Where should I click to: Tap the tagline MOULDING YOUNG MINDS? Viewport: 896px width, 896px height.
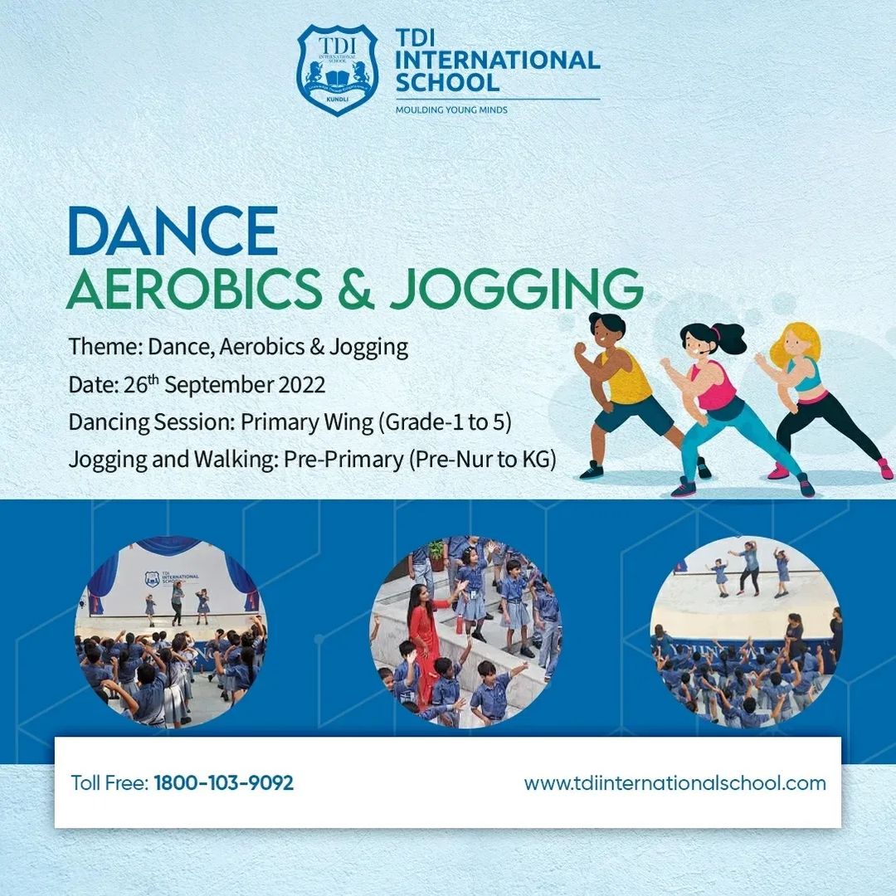click(x=451, y=110)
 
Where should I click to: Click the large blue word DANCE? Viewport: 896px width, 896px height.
click(x=173, y=231)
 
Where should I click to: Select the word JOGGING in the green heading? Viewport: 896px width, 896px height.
click(x=516, y=289)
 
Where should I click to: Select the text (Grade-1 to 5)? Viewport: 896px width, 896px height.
click(x=445, y=422)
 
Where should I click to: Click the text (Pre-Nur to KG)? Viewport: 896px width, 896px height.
click(x=482, y=460)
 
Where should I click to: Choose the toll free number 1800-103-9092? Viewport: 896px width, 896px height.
click(x=224, y=782)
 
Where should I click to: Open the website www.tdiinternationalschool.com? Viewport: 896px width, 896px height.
click(x=674, y=782)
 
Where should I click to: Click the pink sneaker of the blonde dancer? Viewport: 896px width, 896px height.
click(x=778, y=471)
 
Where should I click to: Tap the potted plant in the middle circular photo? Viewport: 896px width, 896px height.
click(x=437, y=553)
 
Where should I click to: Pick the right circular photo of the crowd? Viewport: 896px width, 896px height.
click(x=745, y=632)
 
